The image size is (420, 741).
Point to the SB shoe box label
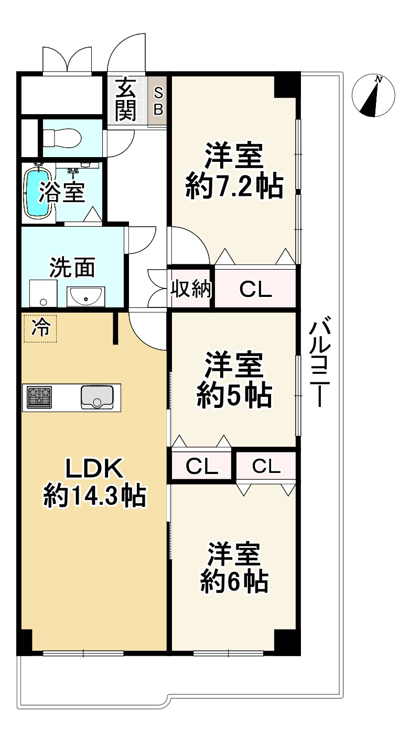[x=158, y=102]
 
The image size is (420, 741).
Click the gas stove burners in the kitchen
[x=40, y=397]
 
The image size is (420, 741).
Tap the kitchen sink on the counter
[x=98, y=396]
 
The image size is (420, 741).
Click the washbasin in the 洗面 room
[x=86, y=297]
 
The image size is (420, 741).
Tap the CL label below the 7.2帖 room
[x=255, y=289]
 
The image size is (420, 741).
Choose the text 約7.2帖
[x=234, y=186]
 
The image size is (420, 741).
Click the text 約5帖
[x=234, y=396]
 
